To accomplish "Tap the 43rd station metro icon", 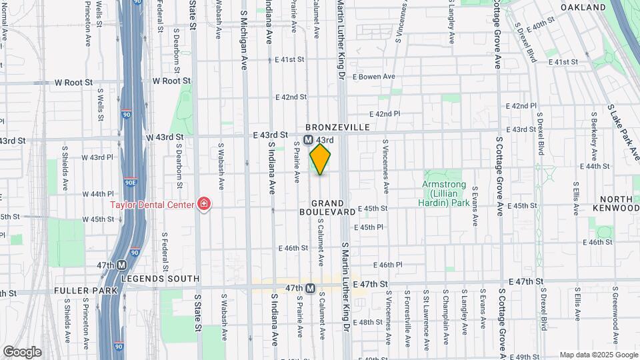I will click(x=308, y=141).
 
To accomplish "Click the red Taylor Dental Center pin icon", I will click(x=203, y=204).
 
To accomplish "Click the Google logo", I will click(x=21, y=351).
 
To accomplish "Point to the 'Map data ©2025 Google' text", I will click(x=597, y=355).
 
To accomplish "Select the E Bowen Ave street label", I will click(x=373, y=77).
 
